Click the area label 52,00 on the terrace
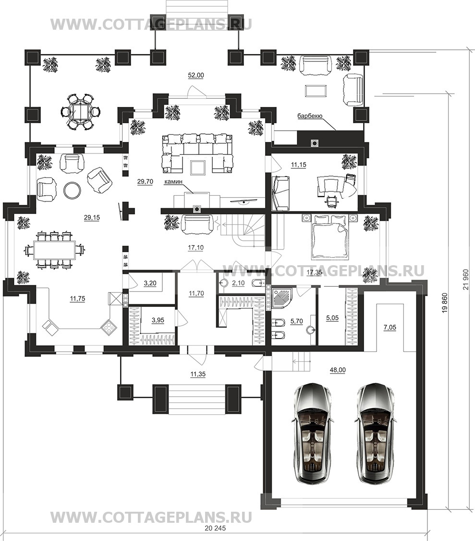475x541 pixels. pyautogui.click(x=196, y=76)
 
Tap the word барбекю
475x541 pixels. pyautogui.click(x=310, y=116)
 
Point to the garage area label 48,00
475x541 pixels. pyautogui.click(x=338, y=370)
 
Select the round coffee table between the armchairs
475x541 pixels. pyautogui.click(x=72, y=190)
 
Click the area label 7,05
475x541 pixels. pyautogui.click(x=390, y=328)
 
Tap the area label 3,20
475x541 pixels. pyautogui.click(x=150, y=283)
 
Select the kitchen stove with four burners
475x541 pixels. pyautogui.click(x=109, y=327)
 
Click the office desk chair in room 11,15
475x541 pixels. pyautogui.click(x=332, y=201)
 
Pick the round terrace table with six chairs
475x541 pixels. pyautogui.click(x=81, y=111)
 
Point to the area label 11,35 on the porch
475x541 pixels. pyautogui.click(x=197, y=374)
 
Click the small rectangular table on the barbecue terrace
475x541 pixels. pyautogui.click(x=316, y=91)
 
